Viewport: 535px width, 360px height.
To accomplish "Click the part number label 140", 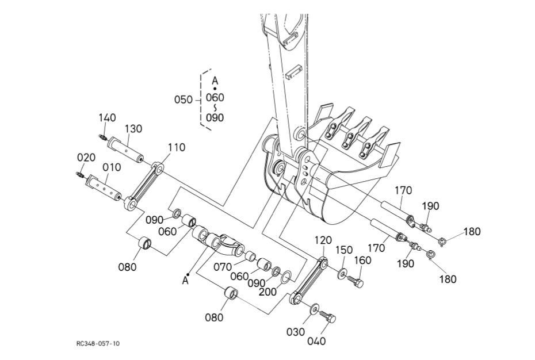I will coord(107,118).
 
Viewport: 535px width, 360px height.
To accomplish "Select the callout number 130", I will coord(133,129).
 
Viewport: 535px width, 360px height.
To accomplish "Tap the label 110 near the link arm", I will coord(176,147).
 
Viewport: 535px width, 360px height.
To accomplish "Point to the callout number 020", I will coord(86,157).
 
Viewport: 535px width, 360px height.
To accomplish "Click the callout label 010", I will coord(112,167).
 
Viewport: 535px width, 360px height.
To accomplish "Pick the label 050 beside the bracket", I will coord(184,99).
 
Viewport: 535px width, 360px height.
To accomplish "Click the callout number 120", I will coord(323,240).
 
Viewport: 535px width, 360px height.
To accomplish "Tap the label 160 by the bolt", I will coord(362,260).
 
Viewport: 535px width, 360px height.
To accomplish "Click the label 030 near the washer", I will coord(296,332).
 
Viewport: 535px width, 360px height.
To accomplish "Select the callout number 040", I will coord(316,341).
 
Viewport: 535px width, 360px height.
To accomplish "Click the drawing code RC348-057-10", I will coord(98,343).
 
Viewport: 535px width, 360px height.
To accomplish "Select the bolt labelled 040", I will coord(328,316).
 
